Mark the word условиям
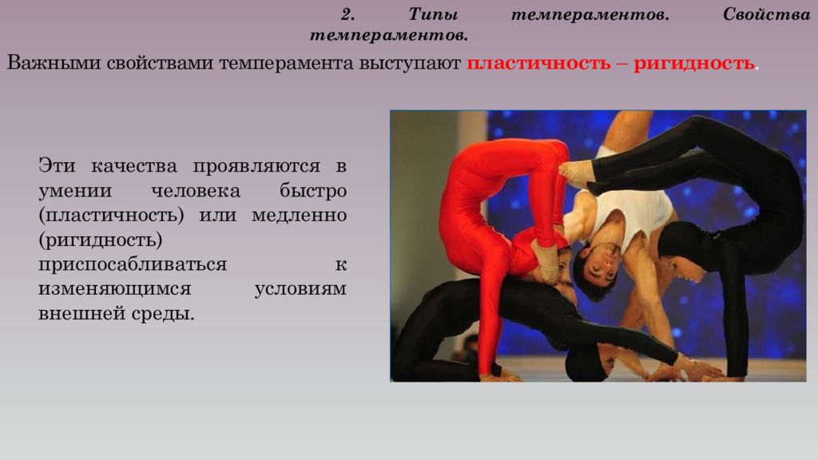(300, 288)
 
